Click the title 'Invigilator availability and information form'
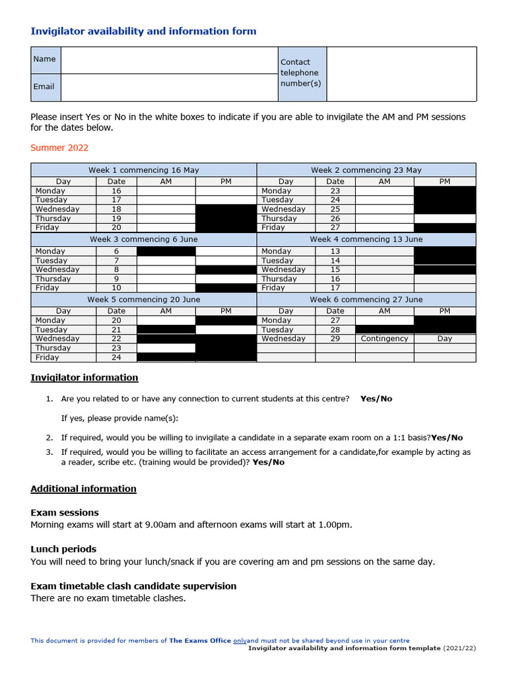pos(143,31)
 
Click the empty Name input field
pos(168,60)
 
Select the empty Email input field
pos(168,87)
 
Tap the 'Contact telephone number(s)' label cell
pos(302,73)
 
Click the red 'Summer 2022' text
pos(59,148)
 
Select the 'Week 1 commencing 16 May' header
pos(143,170)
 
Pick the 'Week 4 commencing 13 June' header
pos(366,239)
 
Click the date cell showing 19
pos(116,219)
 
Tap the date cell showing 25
pos(335,209)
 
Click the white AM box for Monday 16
pos(166,191)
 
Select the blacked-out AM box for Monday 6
pos(166,252)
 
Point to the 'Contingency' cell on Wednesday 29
pos(384,339)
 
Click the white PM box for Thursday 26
pos(444,219)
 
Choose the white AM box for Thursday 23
pos(166,348)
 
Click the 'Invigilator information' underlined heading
pos(84,378)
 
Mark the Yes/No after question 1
pos(376,399)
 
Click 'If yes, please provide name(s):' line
pos(119,418)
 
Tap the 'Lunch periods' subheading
pos(63,549)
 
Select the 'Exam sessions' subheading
pos(65,513)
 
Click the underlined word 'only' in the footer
pos(240,640)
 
